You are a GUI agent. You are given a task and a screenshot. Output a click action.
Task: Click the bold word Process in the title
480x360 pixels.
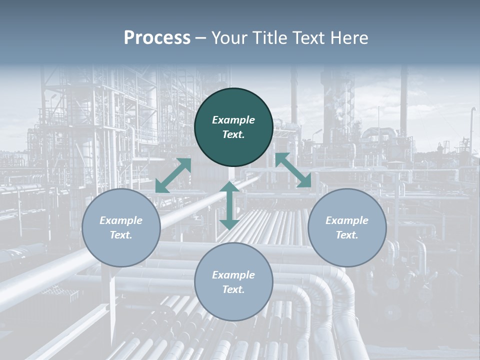tap(157, 38)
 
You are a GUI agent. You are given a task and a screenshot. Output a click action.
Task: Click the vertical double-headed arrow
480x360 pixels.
tap(229, 205)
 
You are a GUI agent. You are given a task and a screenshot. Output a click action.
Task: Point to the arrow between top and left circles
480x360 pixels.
tap(173, 175)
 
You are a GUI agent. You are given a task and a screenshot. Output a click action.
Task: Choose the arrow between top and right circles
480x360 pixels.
tap(293, 170)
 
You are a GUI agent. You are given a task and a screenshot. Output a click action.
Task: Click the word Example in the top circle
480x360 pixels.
tap(233, 120)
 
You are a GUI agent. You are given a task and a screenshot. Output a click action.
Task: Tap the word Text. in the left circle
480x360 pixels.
tap(121, 235)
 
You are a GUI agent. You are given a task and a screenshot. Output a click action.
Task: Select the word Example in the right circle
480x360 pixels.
tap(347, 220)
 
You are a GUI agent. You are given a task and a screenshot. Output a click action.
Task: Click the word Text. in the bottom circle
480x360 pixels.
tap(233, 289)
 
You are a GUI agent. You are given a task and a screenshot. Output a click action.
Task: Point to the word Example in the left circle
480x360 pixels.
tap(121, 220)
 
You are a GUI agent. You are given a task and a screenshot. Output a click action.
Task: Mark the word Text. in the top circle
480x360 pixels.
tap(233, 134)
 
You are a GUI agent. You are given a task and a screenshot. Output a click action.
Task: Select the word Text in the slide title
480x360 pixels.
tap(309, 38)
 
